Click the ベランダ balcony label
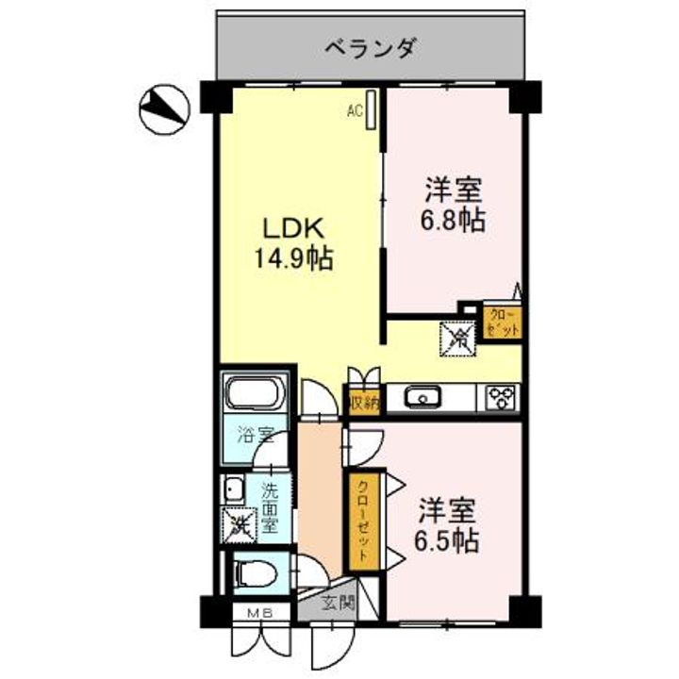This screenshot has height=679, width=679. pos(371,46)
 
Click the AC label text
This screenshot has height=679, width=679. pos(355,111)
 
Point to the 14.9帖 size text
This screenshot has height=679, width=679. pos(293,257)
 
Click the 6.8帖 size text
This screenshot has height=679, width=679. pos(454,221)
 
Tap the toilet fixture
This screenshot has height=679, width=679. pos(255,572)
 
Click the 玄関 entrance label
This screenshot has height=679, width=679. pos(339,603)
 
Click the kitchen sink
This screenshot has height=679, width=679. pos(422,398)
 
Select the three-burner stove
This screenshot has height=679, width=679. pos(499,398)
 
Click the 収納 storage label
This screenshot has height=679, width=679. pos(364,402)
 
